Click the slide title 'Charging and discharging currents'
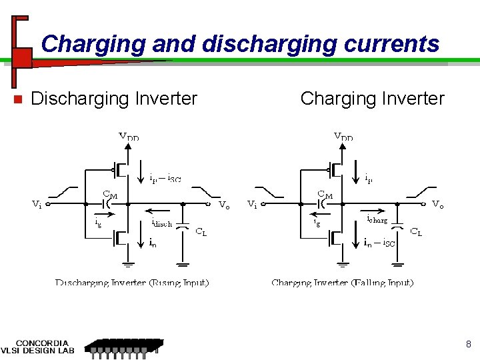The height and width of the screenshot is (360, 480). click(240, 44)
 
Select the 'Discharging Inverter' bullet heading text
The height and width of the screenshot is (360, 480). click(114, 99)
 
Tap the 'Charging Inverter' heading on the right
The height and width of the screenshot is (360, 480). click(372, 99)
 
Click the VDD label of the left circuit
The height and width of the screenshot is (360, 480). click(129, 137)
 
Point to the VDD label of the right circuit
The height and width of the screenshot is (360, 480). click(343, 137)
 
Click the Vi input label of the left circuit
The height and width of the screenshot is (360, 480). click(37, 205)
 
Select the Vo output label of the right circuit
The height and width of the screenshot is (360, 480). click(438, 204)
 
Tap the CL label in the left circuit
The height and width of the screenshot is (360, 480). click(201, 232)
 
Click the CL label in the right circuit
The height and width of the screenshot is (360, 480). click(415, 232)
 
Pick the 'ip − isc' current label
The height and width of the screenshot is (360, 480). click(165, 178)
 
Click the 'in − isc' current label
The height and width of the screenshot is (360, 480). click(379, 243)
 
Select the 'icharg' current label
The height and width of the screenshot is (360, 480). click(377, 219)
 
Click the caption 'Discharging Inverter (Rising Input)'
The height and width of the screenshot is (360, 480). click(132, 283)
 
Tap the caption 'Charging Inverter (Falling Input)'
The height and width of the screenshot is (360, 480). click(343, 283)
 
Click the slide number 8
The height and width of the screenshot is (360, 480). click(469, 345)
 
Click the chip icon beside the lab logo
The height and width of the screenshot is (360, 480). click(123, 347)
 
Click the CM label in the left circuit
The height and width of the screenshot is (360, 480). click(110, 194)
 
